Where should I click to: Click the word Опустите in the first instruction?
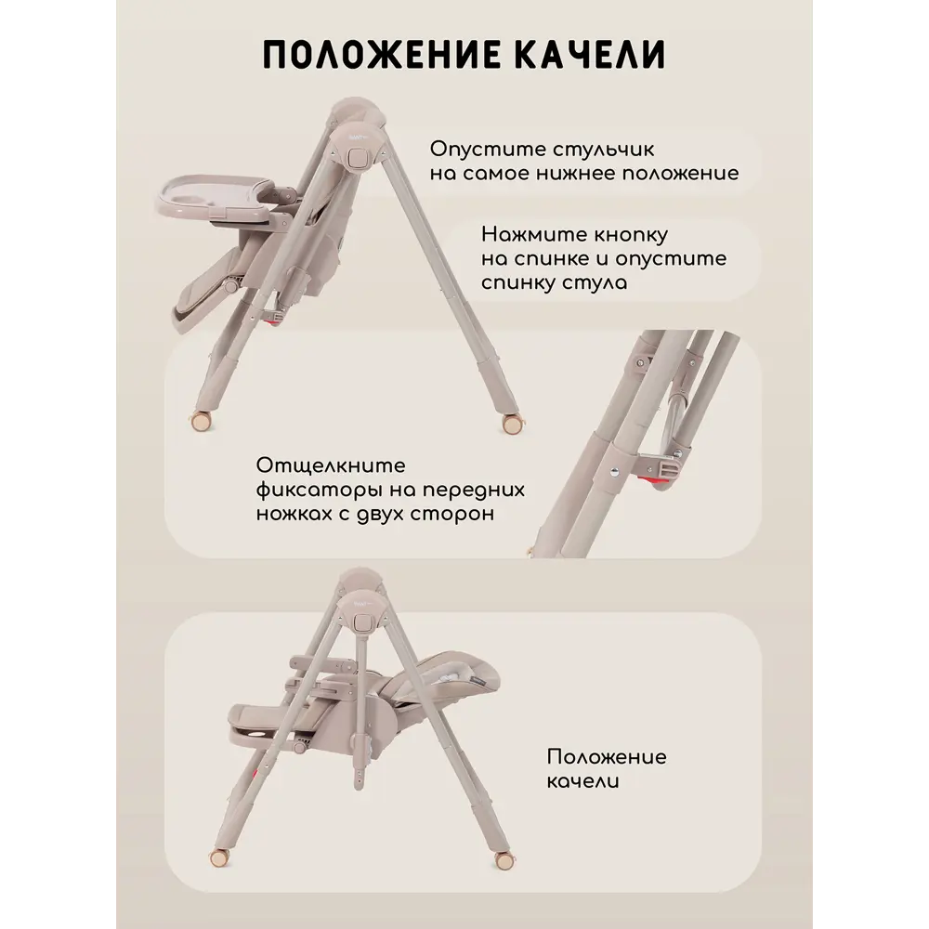pos(488,150)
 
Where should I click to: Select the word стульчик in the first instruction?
pos(604,150)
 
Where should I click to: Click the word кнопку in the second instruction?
pos(631,235)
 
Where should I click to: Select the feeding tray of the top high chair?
pos(216,195)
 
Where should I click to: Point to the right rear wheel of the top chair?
pos(511,425)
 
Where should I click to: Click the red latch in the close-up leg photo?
pos(657,481)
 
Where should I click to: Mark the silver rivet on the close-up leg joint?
pos(614,472)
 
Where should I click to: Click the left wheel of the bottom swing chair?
pos(219,857)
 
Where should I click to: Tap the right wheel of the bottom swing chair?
pos(504,861)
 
